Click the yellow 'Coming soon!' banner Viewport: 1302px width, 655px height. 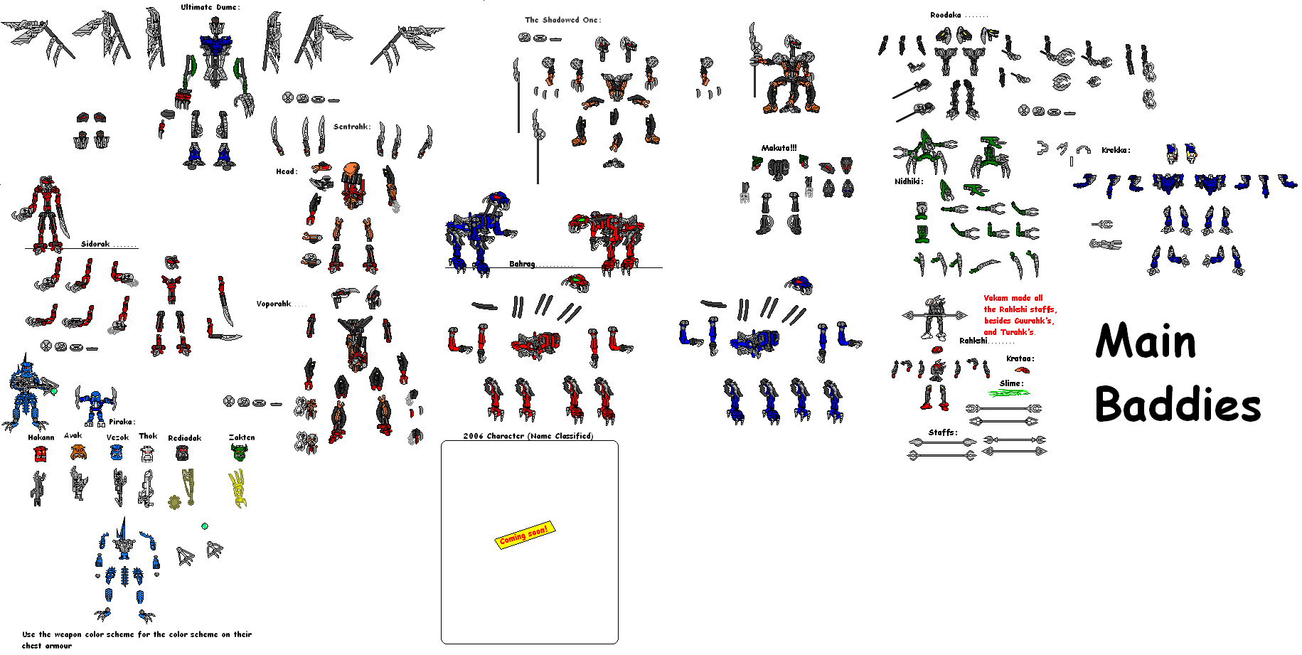524,536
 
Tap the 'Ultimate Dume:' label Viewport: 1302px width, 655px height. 210,7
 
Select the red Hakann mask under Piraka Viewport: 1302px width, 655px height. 41,453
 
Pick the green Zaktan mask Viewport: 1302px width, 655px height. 240,451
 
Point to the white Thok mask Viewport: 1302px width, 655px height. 147,453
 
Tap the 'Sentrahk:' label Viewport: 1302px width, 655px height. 352,127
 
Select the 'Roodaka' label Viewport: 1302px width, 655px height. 946,15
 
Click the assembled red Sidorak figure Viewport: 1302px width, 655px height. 43,215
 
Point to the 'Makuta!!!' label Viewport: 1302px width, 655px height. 779,148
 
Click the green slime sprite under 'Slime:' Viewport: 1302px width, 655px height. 1010,393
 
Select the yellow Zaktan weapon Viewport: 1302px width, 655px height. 238,489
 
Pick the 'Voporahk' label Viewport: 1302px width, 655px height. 274,304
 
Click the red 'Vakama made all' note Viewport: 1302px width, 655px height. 1013,298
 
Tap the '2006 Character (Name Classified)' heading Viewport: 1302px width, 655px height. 528,436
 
